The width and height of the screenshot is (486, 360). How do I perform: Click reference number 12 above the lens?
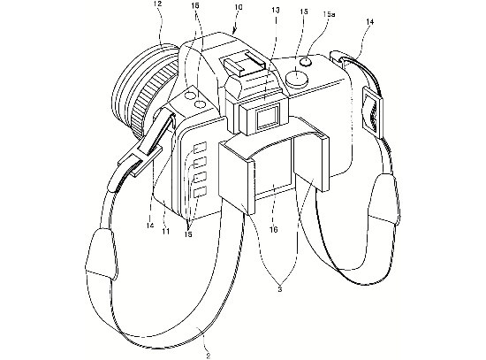(x=158, y=4)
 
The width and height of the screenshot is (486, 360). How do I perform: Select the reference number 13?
(x=275, y=10)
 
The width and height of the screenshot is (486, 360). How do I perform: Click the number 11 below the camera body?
(x=166, y=231)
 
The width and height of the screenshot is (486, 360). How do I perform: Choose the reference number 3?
(x=280, y=289)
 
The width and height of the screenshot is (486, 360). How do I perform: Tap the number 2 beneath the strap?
(x=209, y=356)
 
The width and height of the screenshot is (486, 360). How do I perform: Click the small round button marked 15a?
(x=307, y=61)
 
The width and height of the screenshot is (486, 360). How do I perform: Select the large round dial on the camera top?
(x=297, y=78)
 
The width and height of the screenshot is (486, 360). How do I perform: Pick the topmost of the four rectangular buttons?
(x=200, y=147)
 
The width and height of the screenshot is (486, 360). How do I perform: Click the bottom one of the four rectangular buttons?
(x=200, y=192)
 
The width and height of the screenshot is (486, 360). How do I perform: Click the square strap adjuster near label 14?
(x=371, y=111)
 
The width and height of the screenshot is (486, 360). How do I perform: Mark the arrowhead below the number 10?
(x=233, y=31)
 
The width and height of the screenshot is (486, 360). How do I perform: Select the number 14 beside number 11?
(x=150, y=226)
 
